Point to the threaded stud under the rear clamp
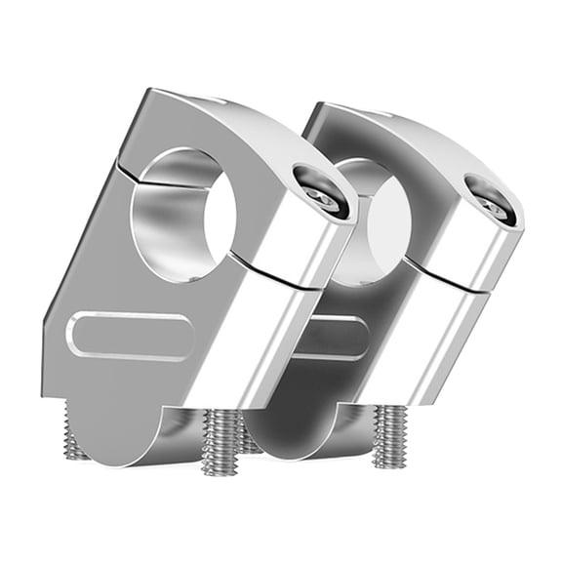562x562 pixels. pos(393,435)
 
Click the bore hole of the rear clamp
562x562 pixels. pos(381,210)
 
